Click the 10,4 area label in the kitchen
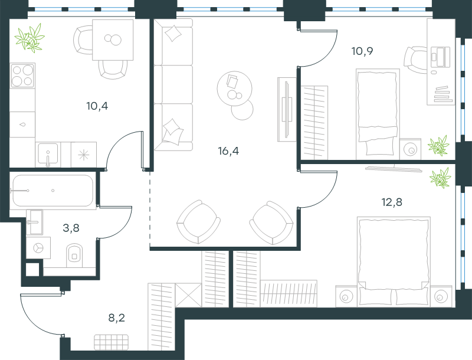97,106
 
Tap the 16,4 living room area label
228,151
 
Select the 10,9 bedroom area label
362,51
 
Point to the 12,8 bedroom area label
392,202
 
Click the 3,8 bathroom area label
71,228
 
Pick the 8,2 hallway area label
116,318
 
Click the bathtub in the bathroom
53,191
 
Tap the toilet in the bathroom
74,255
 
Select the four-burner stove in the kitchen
22,76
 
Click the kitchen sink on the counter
48,155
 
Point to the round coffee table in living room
234,89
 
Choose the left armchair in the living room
198,222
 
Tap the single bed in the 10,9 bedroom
378,114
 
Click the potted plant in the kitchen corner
29,38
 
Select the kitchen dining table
113,40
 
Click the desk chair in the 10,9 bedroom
415,60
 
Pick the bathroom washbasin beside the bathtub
34,222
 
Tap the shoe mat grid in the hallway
111,342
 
